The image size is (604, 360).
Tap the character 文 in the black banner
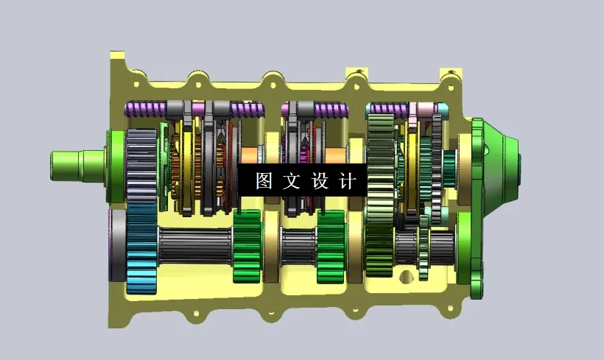[x=292, y=180]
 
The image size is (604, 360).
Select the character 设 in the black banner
[x=320, y=180]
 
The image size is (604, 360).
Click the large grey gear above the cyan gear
[x=141, y=168]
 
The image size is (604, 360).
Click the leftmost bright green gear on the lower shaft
[x=247, y=247]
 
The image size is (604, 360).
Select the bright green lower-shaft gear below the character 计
[x=331, y=247]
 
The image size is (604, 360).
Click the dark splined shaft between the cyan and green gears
[x=195, y=247]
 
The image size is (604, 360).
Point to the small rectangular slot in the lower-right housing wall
[x=404, y=278]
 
